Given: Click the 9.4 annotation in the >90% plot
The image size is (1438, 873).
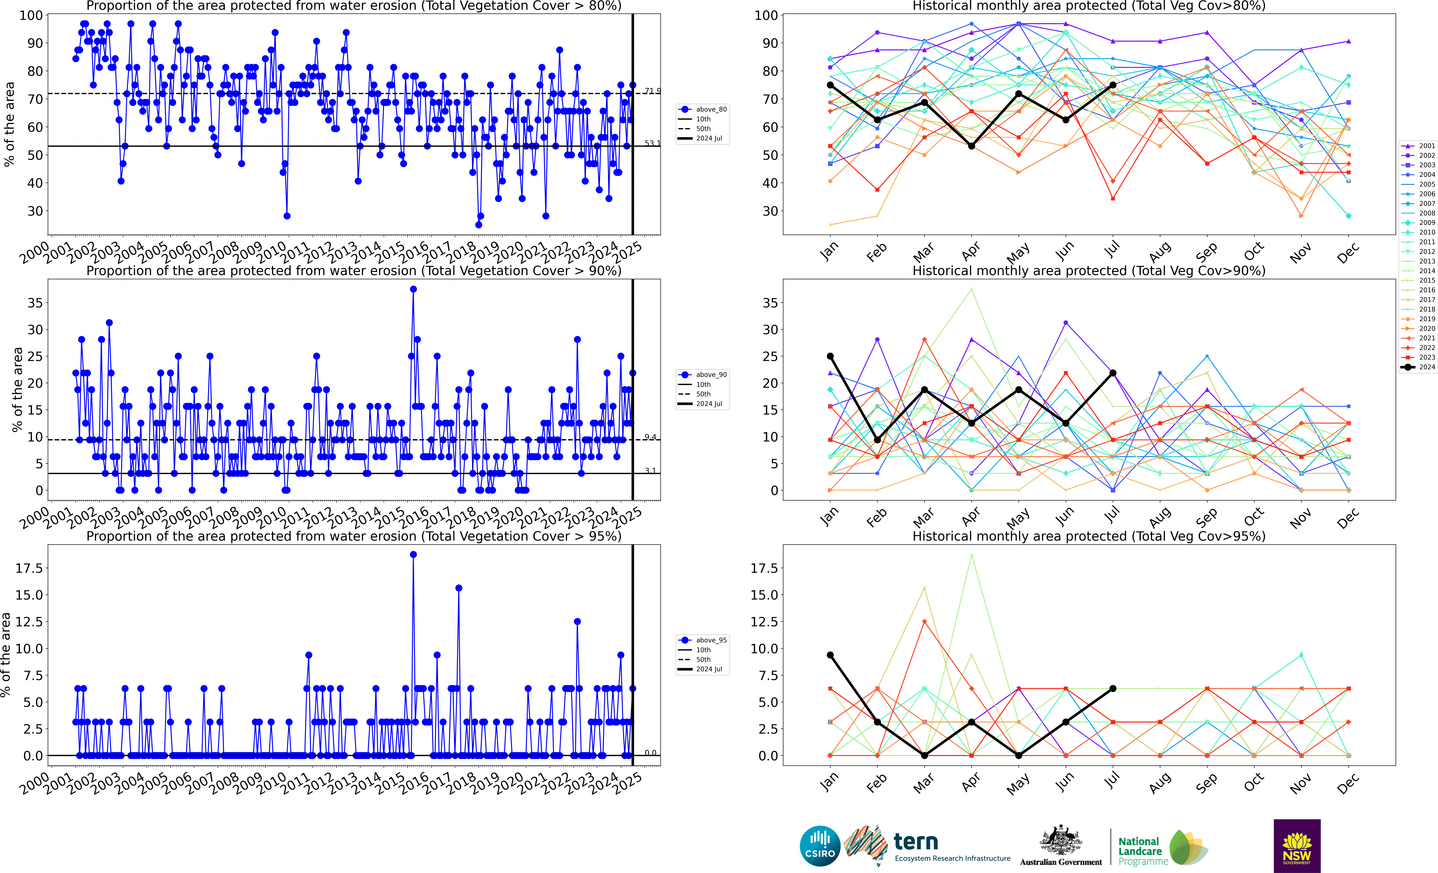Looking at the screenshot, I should pos(650,437).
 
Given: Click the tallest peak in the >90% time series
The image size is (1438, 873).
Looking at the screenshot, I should pos(413,289).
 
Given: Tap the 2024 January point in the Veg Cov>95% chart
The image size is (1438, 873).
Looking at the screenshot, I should pos(830,655).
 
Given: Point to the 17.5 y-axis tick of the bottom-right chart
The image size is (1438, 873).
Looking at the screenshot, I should pos(765,568).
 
